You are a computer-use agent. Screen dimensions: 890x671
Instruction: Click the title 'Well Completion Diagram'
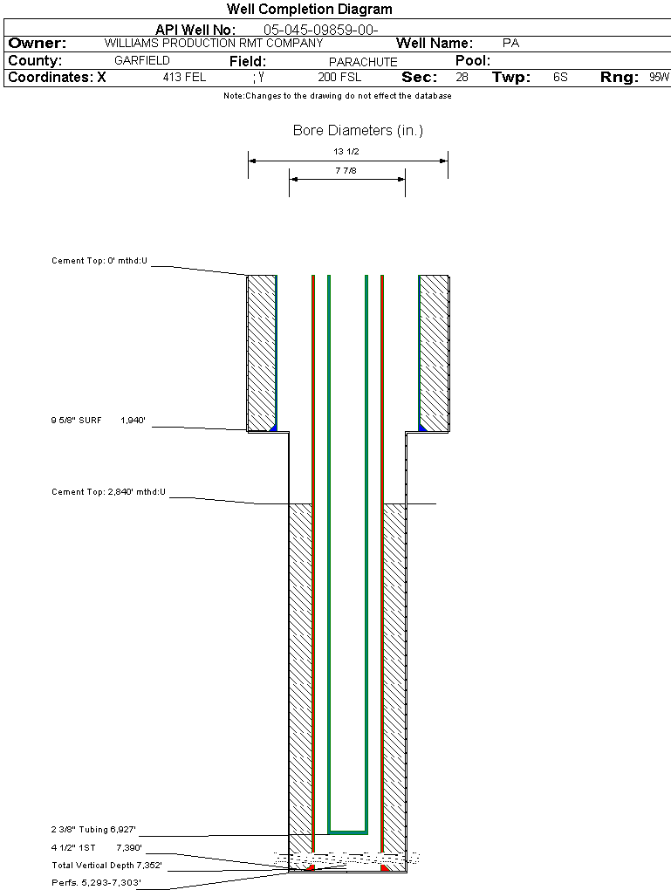pos(310,10)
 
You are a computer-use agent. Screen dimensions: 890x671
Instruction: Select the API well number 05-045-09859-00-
pos(320,31)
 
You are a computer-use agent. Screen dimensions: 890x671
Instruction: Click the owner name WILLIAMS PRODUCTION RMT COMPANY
pos(213,43)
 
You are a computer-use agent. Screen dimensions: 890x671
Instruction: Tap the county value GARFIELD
pos(142,61)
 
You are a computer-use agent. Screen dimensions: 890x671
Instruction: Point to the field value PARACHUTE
pos(363,62)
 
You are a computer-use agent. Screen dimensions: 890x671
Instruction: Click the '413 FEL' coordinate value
pos(184,78)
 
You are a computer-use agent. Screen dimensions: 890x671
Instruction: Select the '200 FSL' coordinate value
pos(339,78)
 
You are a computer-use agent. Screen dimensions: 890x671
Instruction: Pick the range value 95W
pos(659,78)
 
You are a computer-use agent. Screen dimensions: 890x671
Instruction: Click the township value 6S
pos(560,78)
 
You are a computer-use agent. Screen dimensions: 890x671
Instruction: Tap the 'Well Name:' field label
pos(435,43)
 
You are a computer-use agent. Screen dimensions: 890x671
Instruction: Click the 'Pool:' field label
pos(473,61)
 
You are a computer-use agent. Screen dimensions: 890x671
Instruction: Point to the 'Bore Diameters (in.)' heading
pos(358,131)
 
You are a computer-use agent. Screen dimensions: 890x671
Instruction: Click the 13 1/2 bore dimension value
pos(346,152)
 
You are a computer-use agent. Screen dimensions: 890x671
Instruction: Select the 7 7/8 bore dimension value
pos(346,171)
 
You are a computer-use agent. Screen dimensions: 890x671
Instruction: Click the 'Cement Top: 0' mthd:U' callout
pos(99,261)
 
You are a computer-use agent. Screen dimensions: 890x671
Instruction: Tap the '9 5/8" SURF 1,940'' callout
pos(98,421)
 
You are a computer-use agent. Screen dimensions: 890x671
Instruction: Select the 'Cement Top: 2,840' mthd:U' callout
pos(108,493)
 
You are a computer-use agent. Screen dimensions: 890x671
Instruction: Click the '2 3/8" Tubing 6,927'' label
pos(93,830)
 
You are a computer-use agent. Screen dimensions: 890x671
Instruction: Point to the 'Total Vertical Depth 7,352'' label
pos(107,866)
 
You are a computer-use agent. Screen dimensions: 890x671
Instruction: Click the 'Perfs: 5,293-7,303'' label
pos(96,883)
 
